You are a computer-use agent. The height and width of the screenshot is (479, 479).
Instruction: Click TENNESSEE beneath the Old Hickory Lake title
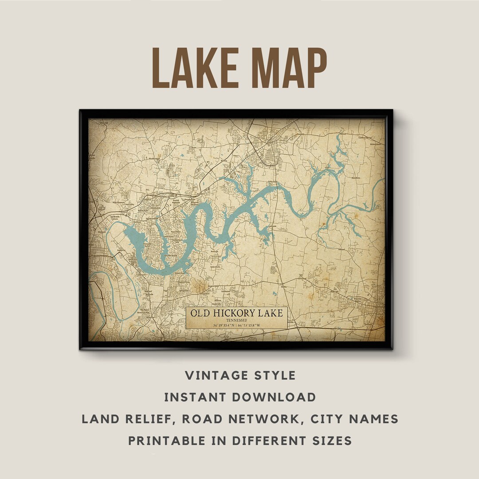pyautogui.click(x=236, y=320)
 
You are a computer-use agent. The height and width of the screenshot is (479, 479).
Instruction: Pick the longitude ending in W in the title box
pyautogui.click(x=257, y=326)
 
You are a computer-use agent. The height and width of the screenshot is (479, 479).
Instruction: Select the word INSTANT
pyautogui.click(x=196, y=397)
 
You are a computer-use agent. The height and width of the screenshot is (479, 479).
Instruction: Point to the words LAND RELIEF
pyautogui.click(x=128, y=419)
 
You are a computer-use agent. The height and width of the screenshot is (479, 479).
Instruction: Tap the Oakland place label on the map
pyautogui.click(x=342, y=250)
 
